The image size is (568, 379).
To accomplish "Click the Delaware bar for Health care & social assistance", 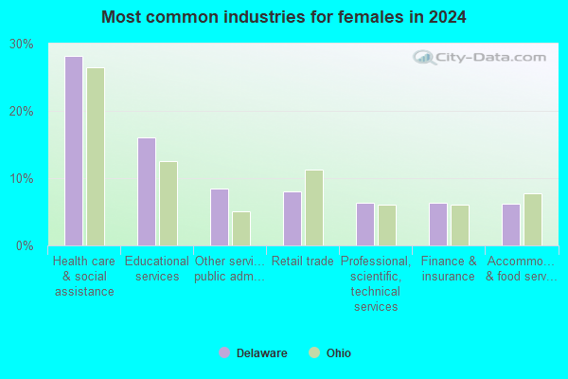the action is pos(74,152).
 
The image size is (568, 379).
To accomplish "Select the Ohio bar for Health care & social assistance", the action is pos(96,156).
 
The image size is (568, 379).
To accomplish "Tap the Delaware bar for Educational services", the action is pos(147,191).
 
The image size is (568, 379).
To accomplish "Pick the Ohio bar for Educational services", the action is pos(169,204).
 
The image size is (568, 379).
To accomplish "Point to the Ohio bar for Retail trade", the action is pos(314,208).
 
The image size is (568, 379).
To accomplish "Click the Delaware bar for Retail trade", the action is pos(293,219).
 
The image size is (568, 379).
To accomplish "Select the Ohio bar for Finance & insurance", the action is pos(460,226).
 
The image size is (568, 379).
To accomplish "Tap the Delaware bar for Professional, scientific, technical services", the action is pos(365,225).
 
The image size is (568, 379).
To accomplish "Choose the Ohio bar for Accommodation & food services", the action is pos(533,220).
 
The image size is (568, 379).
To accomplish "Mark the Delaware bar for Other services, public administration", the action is pos(220,218).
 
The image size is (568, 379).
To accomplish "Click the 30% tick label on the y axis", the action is pos(22,45).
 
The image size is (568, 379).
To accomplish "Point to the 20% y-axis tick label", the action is pos(22,112).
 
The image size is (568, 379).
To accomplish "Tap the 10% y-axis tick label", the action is pos(22,179).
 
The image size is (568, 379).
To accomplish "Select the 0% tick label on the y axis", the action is pos(25,246).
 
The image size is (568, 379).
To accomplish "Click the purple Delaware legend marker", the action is pos(224,352).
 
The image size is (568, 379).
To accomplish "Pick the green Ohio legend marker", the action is pos(314,352).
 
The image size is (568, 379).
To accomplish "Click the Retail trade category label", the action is pos(303,262).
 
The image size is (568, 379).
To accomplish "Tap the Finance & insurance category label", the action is pos(449,269).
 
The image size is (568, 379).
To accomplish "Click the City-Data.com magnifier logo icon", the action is pos(424,57).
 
